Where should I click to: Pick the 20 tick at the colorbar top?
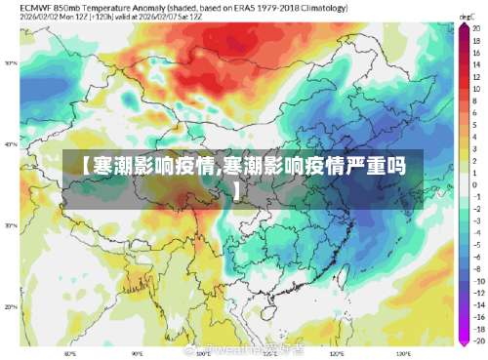(476, 28)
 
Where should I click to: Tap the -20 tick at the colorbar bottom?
(477, 342)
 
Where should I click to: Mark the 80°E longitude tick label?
(70, 352)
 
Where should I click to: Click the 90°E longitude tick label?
(137, 352)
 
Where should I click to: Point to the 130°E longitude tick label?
(402, 352)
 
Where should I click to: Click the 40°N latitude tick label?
(11, 144)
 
